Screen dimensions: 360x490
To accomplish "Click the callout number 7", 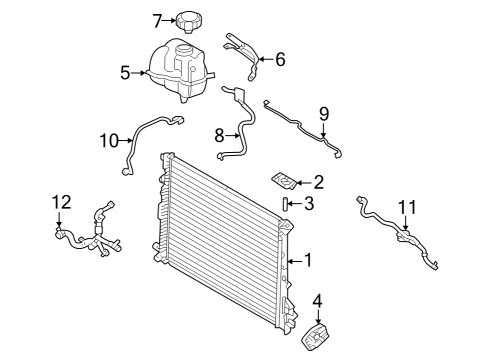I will coord(157,19).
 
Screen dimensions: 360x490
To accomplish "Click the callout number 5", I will coord(125,71).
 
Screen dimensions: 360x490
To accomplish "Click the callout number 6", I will coord(280,59).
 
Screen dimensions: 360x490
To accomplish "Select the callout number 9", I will coord(323,113).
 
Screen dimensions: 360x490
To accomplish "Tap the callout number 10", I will coord(109,140).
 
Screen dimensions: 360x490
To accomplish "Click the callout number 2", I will coord(319,182).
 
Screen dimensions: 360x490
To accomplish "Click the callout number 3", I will coord(309,204).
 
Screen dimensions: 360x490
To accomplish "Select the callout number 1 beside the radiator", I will coord(309,261).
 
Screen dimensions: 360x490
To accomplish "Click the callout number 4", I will coord(318,299).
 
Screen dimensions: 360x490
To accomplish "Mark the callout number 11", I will coord(405,207).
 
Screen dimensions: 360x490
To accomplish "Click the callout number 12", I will coord(59,203).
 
